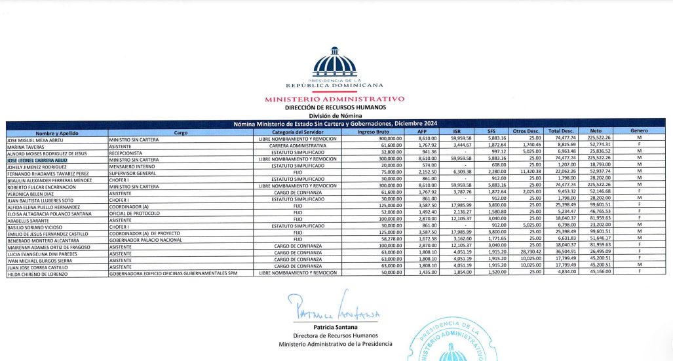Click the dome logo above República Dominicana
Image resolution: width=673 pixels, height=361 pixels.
pos(335,64)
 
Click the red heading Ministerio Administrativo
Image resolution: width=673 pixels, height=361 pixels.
pos(335,99)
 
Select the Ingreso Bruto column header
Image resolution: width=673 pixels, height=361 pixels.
pos(373,131)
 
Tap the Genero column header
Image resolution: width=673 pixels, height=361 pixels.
pos(639,131)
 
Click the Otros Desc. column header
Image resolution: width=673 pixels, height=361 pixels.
pos(526,131)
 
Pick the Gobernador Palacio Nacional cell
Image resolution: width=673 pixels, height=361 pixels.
pos(144,240)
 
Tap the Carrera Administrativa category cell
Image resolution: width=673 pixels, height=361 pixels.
pos(298,145)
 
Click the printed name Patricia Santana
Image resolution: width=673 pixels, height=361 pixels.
pos(335,326)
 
